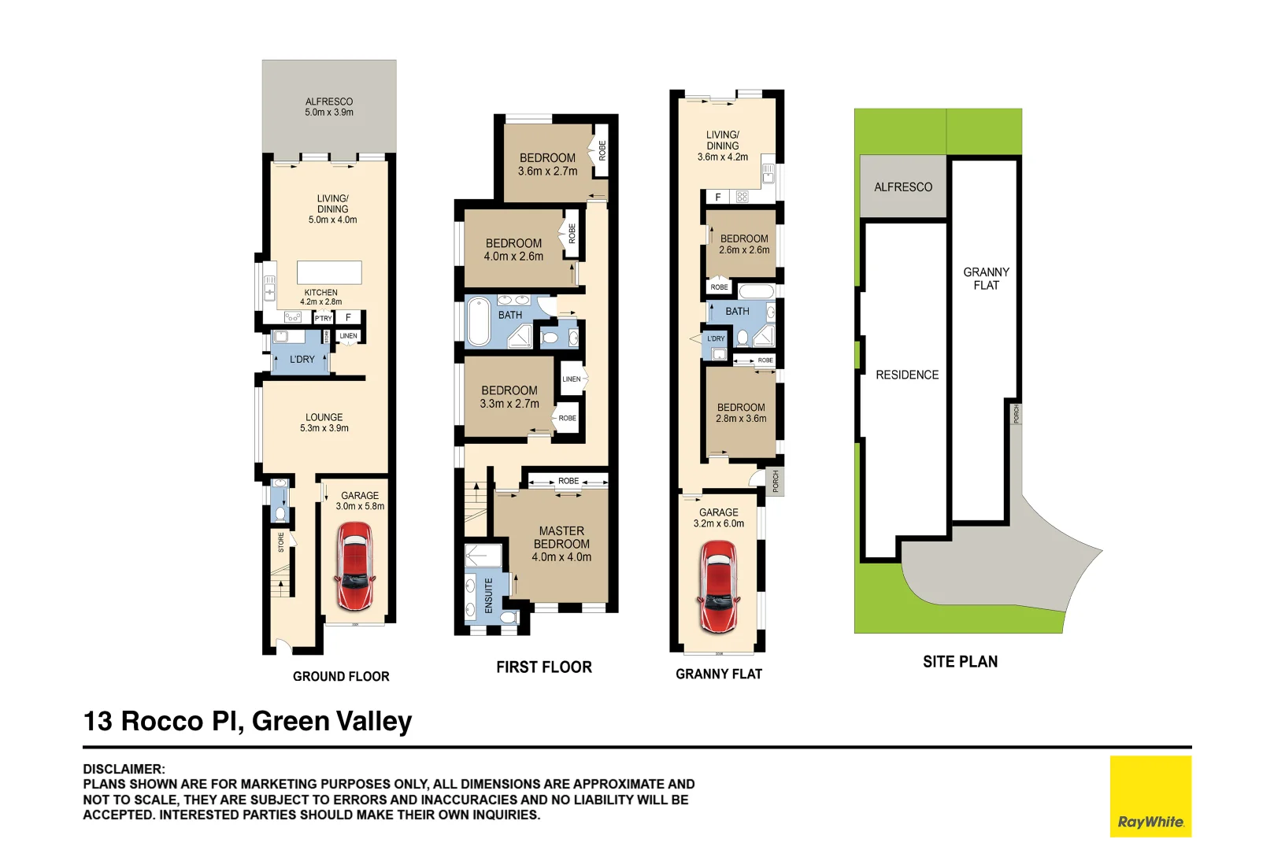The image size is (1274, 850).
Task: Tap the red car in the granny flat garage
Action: pos(718,586)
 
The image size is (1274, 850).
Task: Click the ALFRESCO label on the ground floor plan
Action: pos(329,106)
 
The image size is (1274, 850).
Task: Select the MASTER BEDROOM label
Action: pos(561,543)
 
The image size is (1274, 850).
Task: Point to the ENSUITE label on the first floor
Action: pos(489,595)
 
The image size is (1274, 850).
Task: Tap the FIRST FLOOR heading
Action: pos(543,667)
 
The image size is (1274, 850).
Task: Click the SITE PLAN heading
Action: pos(960,662)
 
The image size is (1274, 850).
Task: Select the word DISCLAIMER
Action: pos(124,769)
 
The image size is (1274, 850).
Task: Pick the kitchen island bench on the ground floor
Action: pos(329,272)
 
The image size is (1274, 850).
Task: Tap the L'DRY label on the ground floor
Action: pos(302,359)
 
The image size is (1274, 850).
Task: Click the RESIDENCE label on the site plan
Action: pos(907,375)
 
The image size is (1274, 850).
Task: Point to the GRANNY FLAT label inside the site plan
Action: pos(986,278)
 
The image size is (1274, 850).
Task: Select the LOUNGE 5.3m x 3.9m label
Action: pos(324,423)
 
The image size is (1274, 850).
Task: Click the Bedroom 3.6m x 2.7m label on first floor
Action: pos(547,164)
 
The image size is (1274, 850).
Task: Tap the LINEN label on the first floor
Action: pos(572,379)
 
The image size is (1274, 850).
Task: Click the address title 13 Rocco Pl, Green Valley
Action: pos(247,721)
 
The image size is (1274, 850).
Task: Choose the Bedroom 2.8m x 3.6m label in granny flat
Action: pos(740,413)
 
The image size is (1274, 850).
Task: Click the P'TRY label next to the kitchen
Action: pos(324,319)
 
